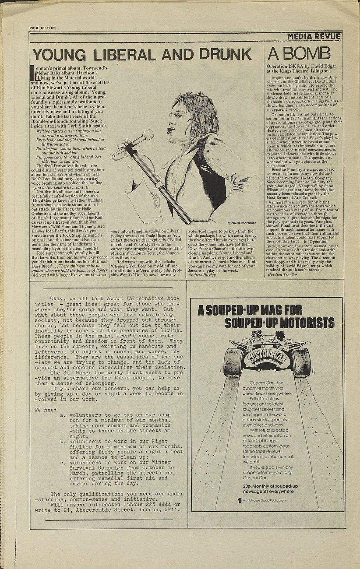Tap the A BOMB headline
coord(299,53)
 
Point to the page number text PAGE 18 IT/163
coord(43,28)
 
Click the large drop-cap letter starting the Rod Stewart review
coord(31,72)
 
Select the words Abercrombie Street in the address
coord(116,509)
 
